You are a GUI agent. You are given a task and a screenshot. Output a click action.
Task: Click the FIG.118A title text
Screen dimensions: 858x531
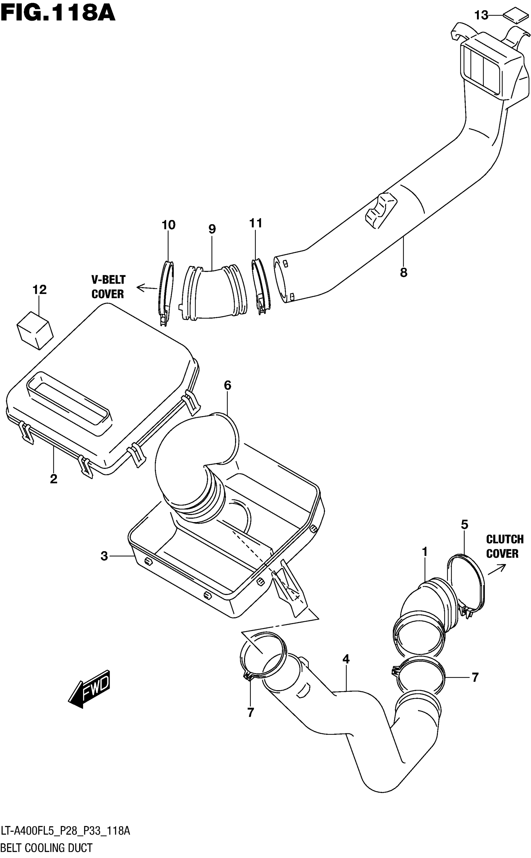pyautogui.click(x=58, y=13)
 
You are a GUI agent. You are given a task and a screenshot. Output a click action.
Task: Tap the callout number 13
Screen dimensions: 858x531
pyautogui.click(x=481, y=15)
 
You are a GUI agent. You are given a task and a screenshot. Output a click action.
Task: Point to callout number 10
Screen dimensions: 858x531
pyautogui.click(x=168, y=225)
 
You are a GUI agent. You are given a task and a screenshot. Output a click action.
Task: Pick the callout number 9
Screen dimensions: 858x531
pyautogui.click(x=212, y=229)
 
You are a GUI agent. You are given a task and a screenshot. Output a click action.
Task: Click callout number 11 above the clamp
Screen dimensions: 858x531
pyautogui.click(x=256, y=223)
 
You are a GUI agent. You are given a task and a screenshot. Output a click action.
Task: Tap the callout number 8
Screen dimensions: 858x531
pyautogui.click(x=404, y=272)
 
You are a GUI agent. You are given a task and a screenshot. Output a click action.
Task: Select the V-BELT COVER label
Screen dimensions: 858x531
pyautogui.click(x=108, y=287)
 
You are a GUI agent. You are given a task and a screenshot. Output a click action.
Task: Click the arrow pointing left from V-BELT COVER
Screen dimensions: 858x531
pyautogui.click(x=146, y=288)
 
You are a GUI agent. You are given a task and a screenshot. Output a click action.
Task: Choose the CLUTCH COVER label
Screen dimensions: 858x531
pyautogui.click(x=505, y=546)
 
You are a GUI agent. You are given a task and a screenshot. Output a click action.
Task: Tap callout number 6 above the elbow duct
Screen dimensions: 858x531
pyautogui.click(x=228, y=385)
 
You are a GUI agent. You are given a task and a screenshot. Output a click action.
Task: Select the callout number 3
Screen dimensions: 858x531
pyautogui.click(x=104, y=556)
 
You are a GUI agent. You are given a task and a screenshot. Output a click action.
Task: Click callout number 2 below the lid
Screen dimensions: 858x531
pyautogui.click(x=53, y=478)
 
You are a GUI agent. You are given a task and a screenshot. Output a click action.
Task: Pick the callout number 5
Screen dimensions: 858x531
pyautogui.click(x=464, y=525)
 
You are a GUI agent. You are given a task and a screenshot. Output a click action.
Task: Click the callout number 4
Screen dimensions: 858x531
pyautogui.click(x=346, y=659)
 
